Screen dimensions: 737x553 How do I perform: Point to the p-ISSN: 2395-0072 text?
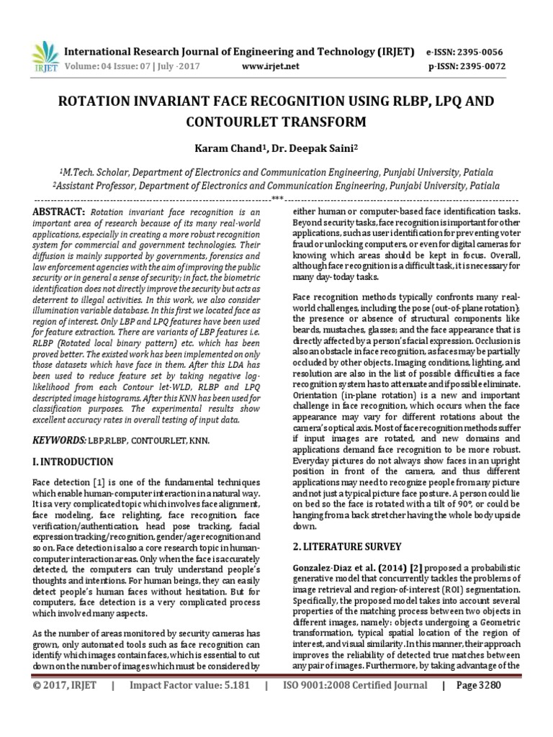pos(467,66)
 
